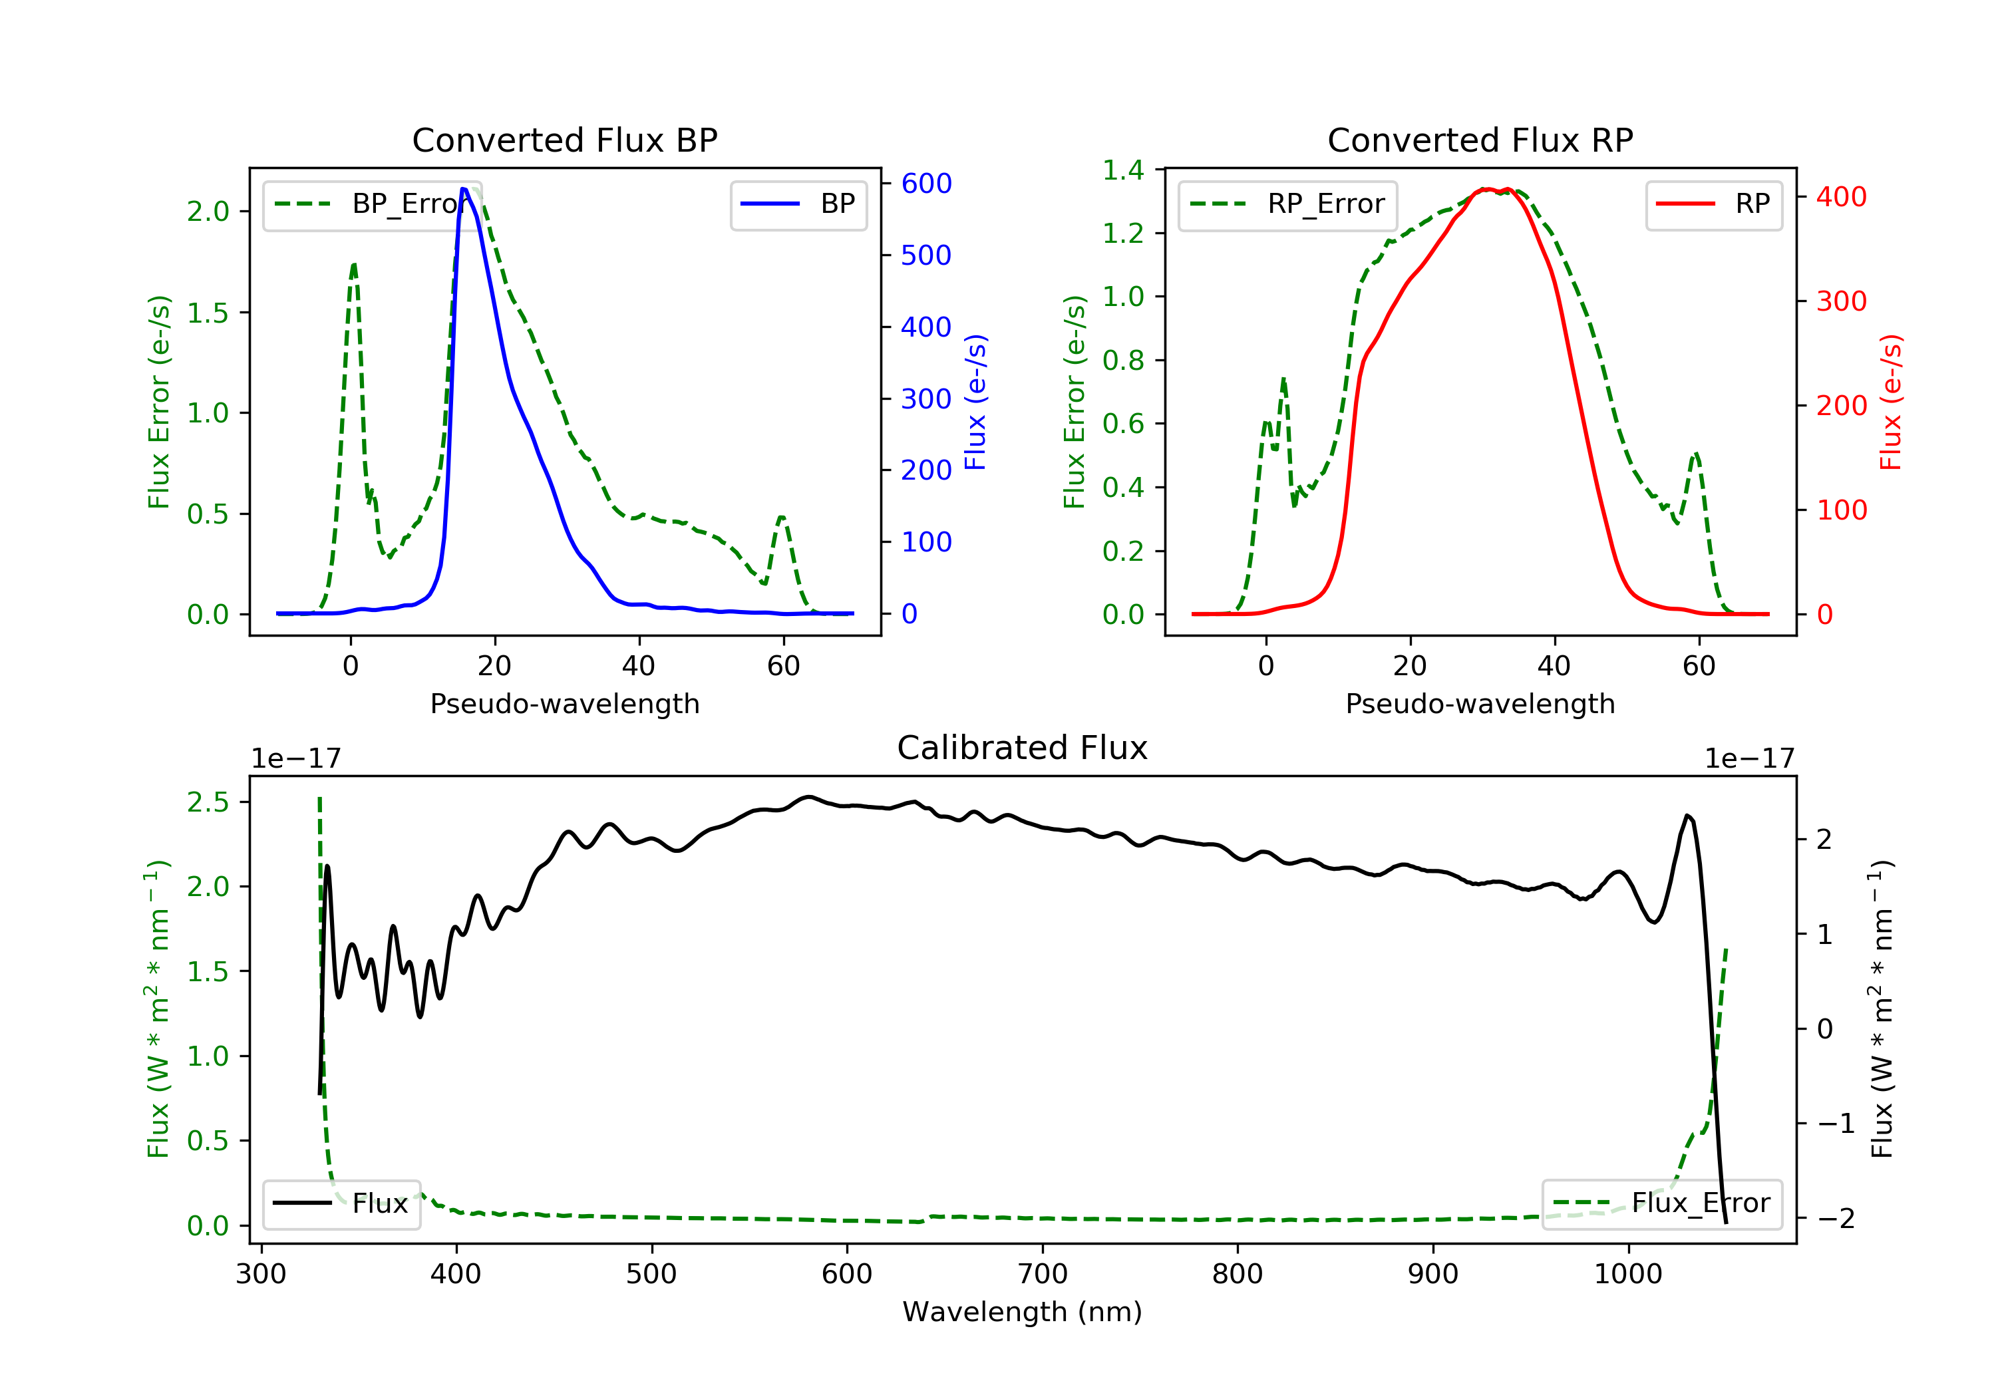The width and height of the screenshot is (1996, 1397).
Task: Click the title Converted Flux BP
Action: click(x=564, y=140)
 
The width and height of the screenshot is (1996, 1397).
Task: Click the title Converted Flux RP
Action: click(x=1480, y=140)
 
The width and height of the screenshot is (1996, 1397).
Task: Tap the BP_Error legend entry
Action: click(x=365, y=204)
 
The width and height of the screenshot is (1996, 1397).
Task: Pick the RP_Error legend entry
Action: click(x=1287, y=204)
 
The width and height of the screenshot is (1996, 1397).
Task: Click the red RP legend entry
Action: click(x=1713, y=204)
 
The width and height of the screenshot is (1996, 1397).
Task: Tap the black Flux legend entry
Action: click(x=341, y=1203)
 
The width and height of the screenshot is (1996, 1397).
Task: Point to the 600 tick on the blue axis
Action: click(x=926, y=184)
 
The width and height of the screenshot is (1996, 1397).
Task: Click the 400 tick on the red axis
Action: click(x=1841, y=198)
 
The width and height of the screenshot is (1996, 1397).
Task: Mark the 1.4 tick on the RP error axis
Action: click(x=1123, y=170)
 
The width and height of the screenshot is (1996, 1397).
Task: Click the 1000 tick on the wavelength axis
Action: click(x=1627, y=1275)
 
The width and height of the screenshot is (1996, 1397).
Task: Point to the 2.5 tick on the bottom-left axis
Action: click(x=209, y=802)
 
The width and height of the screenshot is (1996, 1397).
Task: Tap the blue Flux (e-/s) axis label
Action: click(x=975, y=402)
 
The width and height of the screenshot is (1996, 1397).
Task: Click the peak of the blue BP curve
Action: click(x=464, y=189)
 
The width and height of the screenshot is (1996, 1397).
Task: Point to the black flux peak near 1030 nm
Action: click(x=1687, y=816)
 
